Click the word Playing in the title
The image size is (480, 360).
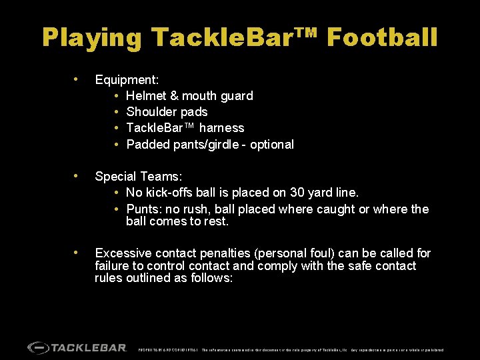tap(91, 37)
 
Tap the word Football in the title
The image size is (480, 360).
tap(383, 37)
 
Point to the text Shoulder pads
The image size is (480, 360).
tap(167, 112)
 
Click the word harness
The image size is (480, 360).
tap(222, 128)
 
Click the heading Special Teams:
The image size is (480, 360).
tap(139, 177)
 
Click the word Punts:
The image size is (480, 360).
tap(144, 209)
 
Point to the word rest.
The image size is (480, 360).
tap(217, 221)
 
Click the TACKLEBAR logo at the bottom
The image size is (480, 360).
tap(77, 347)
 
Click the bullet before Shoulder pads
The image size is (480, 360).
tap(117, 112)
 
